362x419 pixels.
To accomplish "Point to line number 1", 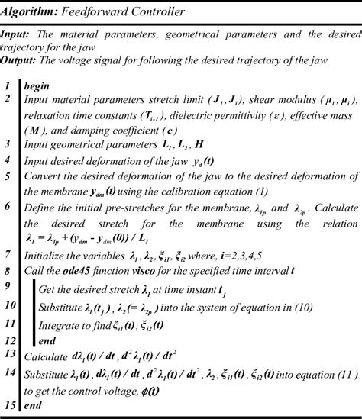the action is (x=7, y=85).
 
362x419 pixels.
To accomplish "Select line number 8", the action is (x=7, y=269).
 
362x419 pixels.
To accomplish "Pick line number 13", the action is (x=10, y=355).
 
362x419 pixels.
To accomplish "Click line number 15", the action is (x=10, y=405).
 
